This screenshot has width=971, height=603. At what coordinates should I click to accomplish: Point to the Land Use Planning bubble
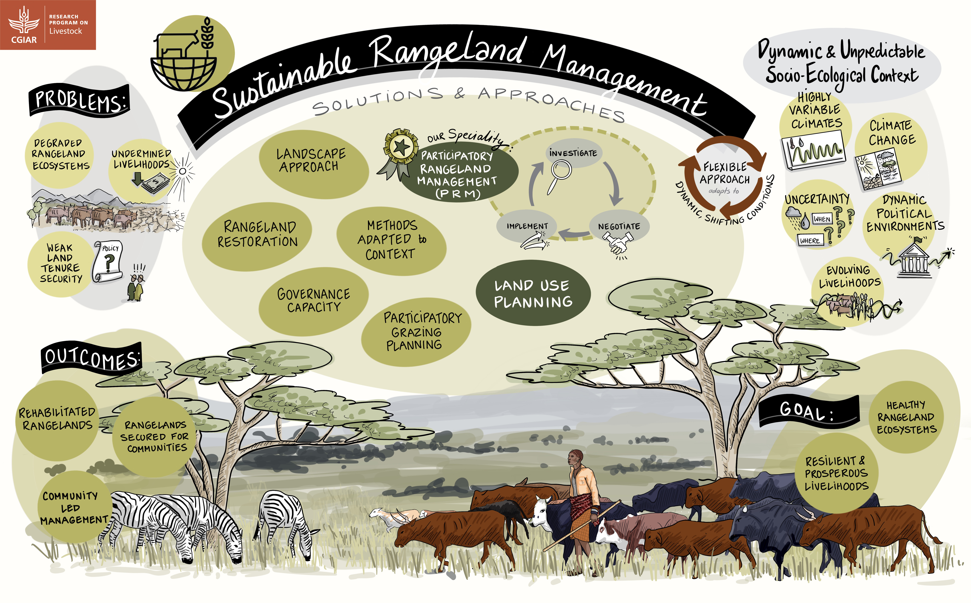[533, 293]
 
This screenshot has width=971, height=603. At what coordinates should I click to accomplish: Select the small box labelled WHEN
[822, 219]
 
